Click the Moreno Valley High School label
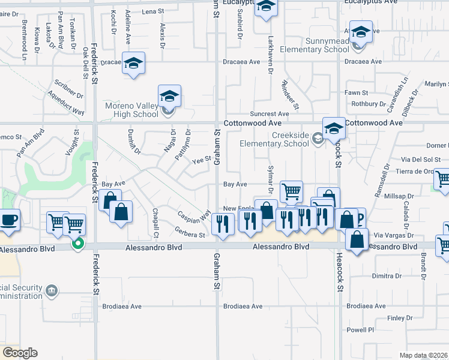[131, 110]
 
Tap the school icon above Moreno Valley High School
[170, 96]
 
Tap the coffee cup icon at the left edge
[9, 220]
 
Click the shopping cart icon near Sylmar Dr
[291, 191]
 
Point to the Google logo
[20, 353]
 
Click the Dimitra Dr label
[386, 276]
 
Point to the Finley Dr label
[400, 318]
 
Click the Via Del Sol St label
[421, 160]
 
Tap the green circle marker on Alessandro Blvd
[77, 244]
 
